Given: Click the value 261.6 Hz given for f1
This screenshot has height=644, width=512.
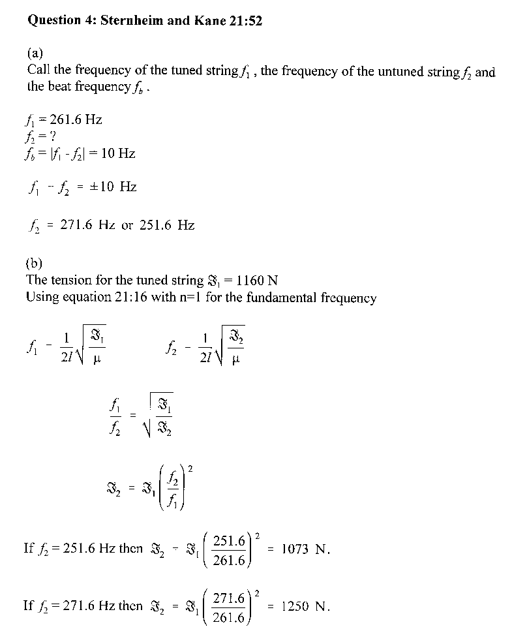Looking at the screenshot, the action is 72,120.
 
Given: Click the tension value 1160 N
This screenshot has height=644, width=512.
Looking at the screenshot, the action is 251,281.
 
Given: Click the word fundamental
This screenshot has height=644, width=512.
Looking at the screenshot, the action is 295,298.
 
